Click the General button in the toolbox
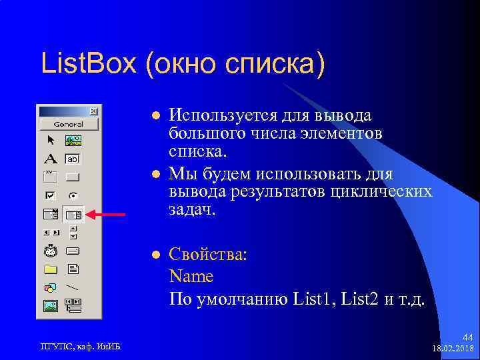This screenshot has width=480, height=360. click(69, 124)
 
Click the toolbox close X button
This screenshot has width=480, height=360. click(93, 111)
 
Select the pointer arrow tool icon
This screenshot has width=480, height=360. click(51, 141)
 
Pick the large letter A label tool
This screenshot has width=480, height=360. click(51, 159)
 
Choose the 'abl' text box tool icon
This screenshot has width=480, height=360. click(72, 159)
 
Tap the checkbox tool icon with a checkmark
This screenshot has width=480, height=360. click(51, 196)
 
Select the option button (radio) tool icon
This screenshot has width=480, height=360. click(72, 196)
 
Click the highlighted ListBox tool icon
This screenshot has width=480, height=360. click(73, 215)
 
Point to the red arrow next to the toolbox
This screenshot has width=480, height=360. click(108, 215)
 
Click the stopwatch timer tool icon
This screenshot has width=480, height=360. click(51, 251)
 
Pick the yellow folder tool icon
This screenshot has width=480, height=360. click(51, 270)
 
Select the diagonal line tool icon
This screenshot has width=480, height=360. click(72, 288)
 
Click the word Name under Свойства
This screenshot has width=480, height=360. click(191, 276)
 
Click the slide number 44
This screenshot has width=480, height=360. click(467, 339)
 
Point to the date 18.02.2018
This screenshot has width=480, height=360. click(453, 349)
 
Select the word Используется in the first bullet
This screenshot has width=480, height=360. click(220, 115)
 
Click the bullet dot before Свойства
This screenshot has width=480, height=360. click(155, 255)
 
